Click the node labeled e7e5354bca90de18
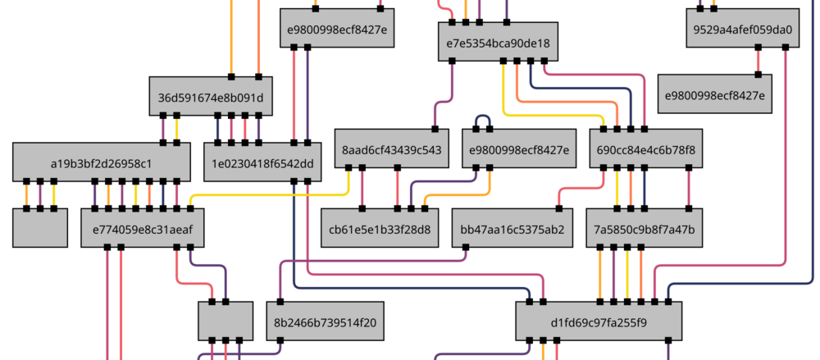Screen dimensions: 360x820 coord(498,43)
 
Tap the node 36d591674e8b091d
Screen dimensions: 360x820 coord(211,97)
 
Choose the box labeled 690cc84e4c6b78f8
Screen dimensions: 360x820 coord(645,149)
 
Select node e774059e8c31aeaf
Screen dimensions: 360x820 coord(142,229)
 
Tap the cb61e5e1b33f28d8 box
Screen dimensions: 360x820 coord(379,229)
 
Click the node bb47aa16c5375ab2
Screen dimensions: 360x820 coord(512,229)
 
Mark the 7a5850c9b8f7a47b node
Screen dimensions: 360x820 coord(645,229)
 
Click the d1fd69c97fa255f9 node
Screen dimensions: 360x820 coord(599,322)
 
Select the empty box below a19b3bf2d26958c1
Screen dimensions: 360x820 coord(40,228)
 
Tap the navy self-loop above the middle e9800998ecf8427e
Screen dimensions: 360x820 coord(482,116)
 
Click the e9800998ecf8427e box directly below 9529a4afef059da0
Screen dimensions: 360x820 coord(715,95)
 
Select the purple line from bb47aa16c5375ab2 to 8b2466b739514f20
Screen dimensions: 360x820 coord(369,262)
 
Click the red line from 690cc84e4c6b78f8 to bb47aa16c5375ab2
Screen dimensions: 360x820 coord(582,188)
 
